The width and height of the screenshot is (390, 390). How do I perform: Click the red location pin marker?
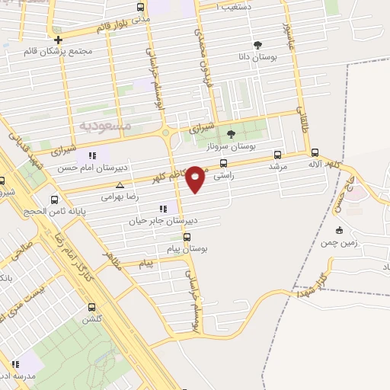196,179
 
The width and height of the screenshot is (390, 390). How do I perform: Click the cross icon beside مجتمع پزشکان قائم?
58,38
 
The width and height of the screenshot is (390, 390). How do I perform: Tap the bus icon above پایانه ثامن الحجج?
53,201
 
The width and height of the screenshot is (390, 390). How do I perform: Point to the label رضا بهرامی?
119,196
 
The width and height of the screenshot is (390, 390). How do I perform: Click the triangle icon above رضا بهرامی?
120,184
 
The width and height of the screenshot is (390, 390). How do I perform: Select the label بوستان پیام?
187,249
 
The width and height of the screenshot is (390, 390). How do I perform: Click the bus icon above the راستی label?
223,163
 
